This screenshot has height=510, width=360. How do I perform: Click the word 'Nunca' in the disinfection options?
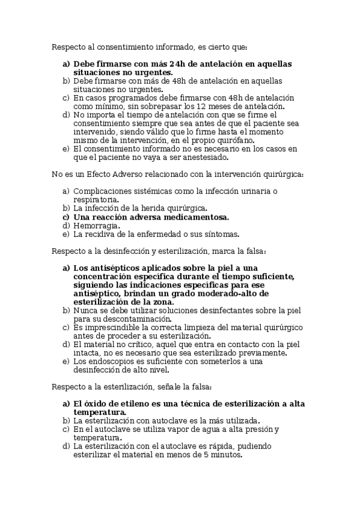(x=85, y=310)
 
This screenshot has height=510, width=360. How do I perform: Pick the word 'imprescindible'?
(x=111, y=327)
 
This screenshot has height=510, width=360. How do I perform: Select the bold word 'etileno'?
(x=133, y=404)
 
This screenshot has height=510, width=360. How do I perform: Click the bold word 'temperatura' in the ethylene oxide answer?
(x=99, y=412)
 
